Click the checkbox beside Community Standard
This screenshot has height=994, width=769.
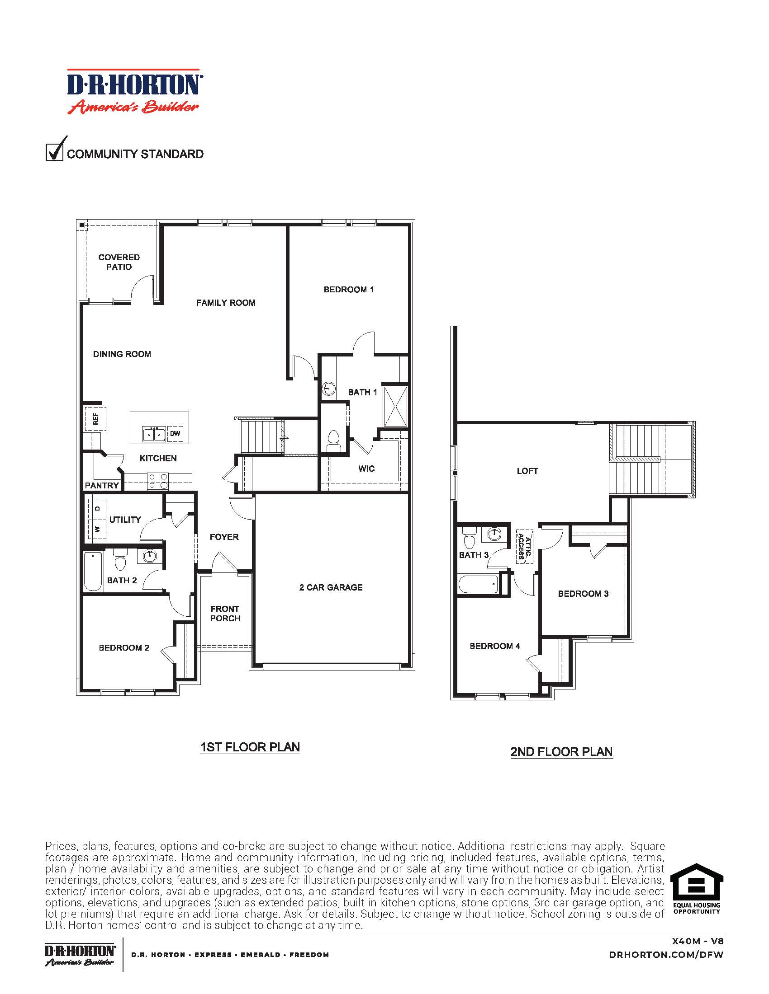click(54, 152)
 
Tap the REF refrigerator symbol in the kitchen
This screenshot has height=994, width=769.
click(95, 418)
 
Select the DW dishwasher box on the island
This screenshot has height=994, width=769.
click(176, 434)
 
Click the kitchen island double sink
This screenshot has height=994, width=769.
click(153, 434)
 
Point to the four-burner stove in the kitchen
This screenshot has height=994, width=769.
click(157, 481)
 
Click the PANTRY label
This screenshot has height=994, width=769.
click(102, 486)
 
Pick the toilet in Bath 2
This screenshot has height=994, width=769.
click(120, 560)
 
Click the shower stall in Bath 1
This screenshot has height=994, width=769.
click(395, 407)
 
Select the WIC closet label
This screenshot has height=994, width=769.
click(366, 469)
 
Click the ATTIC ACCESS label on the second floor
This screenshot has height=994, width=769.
click(524, 547)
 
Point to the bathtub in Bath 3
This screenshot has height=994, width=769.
click(478, 584)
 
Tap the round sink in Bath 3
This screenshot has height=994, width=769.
click(495, 534)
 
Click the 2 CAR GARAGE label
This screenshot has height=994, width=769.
click(331, 587)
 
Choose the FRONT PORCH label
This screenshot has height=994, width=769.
click(225, 614)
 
